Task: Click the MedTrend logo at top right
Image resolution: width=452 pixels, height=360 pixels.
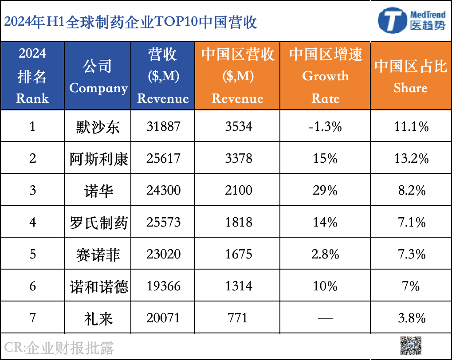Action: tap(411, 20)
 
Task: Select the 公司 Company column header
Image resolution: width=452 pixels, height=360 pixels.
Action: tap(98, 76)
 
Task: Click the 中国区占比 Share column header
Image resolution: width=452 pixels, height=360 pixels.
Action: tap(411, 76)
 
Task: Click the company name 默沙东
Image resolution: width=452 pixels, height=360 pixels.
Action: tap(98, 127)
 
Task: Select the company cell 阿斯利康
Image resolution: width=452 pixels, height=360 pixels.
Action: tap(98, 159)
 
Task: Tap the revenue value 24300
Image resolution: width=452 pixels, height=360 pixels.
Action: tap(163, 191)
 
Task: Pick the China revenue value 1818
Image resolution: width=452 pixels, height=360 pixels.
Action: tap(238, 222)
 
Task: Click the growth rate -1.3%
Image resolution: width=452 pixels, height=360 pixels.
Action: tap(326, 127)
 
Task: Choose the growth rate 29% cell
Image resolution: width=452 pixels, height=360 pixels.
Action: tap(326, 191)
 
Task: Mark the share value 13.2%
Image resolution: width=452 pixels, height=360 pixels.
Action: tap(411, 159)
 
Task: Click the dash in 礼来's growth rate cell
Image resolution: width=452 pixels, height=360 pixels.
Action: tap(326, 318)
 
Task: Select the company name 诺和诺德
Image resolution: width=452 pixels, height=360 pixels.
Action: tap(98, 286)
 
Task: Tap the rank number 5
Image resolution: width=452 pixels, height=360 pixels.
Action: tap(32, 254)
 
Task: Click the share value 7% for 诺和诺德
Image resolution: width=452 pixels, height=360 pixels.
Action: tap(411, 286)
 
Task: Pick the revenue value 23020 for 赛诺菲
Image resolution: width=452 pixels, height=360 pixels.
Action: tap(163, 254)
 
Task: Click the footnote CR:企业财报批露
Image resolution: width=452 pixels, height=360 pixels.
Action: tap(59, 347)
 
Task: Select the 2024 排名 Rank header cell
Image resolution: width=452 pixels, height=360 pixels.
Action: tap(32, 76)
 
